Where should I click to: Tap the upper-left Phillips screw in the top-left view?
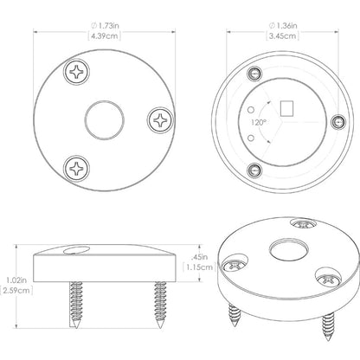[78, 74]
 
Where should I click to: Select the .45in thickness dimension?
[199, 256]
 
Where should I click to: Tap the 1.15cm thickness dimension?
[199, 267]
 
